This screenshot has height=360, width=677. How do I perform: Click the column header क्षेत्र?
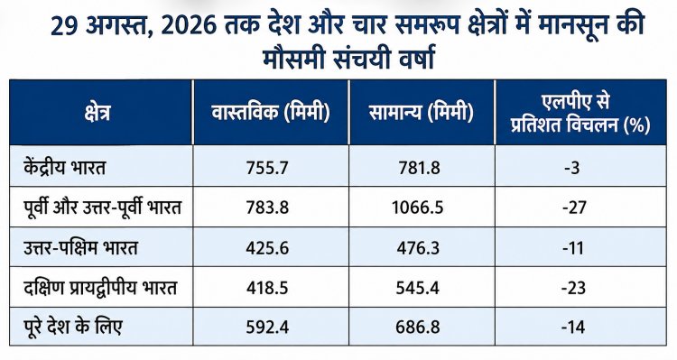[97, 113]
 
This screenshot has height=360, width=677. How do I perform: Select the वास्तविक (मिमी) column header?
[271, 113]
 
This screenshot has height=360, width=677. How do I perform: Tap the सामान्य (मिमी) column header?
[422, 113]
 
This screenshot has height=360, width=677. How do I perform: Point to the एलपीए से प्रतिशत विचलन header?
[580, 114]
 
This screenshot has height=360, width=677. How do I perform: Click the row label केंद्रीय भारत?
[65, 166]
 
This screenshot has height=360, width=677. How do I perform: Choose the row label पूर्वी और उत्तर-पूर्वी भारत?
[102, 208]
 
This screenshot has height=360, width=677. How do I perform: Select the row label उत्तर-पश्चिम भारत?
[80, 248]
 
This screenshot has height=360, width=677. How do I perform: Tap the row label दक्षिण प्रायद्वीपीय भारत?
[100, 288]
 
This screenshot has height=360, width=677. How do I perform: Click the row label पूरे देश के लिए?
[73, 327]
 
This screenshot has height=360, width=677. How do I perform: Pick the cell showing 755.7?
[267, 168]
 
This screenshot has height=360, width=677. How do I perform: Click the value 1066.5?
[418, 208]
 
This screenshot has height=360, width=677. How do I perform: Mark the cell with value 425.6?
[267, 248]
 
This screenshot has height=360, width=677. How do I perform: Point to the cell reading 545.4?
[418, 288]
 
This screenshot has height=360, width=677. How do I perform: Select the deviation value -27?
[574, 208]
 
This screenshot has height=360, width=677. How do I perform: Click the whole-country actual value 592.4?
[267, 328]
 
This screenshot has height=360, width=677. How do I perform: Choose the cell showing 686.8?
[418, 328]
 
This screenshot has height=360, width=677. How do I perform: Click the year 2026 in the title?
[189, 27]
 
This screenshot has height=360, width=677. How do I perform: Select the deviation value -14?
[573, 328]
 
